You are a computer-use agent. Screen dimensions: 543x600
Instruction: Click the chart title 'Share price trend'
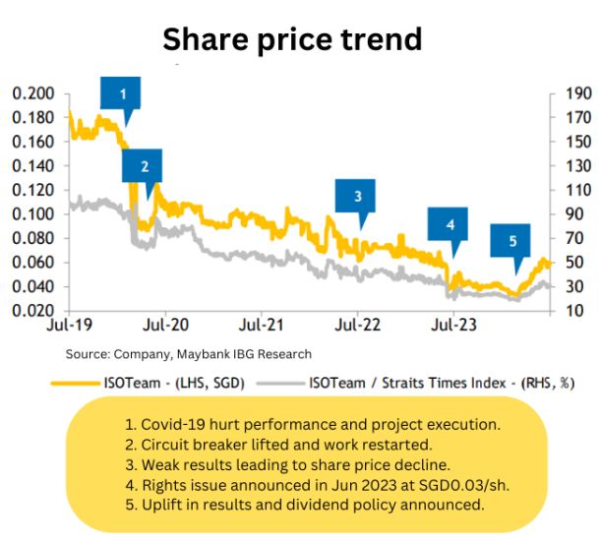pos(292,38)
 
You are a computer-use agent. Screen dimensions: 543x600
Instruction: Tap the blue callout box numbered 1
pos(122,94)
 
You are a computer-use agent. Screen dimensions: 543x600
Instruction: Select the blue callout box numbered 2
pos(145,165)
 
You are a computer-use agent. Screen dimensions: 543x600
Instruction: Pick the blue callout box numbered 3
pos(357,195)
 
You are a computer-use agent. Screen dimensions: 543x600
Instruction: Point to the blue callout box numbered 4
pos(450,224)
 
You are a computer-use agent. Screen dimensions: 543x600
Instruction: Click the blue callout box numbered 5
pos(511,240)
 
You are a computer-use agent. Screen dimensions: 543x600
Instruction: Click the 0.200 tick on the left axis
pos(32,93)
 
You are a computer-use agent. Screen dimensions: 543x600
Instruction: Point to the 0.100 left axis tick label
pos(32,214)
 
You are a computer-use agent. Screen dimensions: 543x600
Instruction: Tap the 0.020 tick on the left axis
pos(32,311)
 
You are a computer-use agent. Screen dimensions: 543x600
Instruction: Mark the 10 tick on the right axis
pos(570,311)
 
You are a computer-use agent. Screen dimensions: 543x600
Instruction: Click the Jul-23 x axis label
pos(450,323)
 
